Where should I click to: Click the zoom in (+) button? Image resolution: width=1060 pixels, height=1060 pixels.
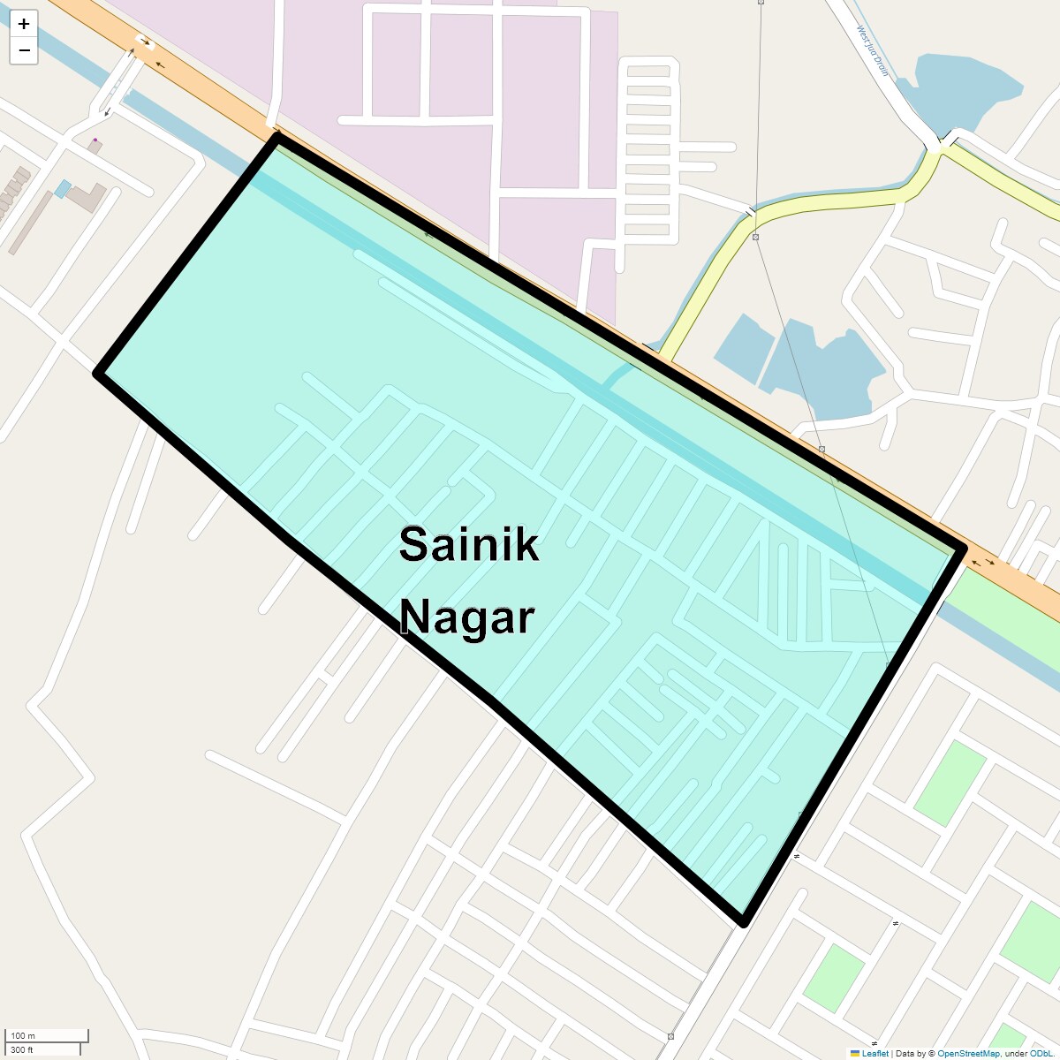24,24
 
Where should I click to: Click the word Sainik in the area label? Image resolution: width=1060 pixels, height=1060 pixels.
468,544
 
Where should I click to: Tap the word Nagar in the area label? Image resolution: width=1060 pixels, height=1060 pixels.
466,617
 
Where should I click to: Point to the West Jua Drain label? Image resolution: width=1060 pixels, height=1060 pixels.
873,50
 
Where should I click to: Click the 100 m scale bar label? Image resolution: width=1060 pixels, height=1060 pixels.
24,1035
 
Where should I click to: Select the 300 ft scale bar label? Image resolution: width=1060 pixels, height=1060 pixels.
22,1049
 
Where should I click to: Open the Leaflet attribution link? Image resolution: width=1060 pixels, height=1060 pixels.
874,1053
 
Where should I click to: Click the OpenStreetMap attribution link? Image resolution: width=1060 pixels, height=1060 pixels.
968,1053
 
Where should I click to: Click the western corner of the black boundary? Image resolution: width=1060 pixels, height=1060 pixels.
98,374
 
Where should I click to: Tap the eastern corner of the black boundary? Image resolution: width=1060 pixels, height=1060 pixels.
963,549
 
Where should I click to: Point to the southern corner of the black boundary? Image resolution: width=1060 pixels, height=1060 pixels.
744,923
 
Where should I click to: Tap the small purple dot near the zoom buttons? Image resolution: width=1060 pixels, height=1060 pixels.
95,140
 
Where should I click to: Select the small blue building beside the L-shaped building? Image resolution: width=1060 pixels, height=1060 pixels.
62,188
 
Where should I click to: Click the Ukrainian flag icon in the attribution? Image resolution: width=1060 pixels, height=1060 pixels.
855,1053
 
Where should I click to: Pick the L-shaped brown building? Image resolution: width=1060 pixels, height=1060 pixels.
87,197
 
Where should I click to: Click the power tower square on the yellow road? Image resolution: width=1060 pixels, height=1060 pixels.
756,237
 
